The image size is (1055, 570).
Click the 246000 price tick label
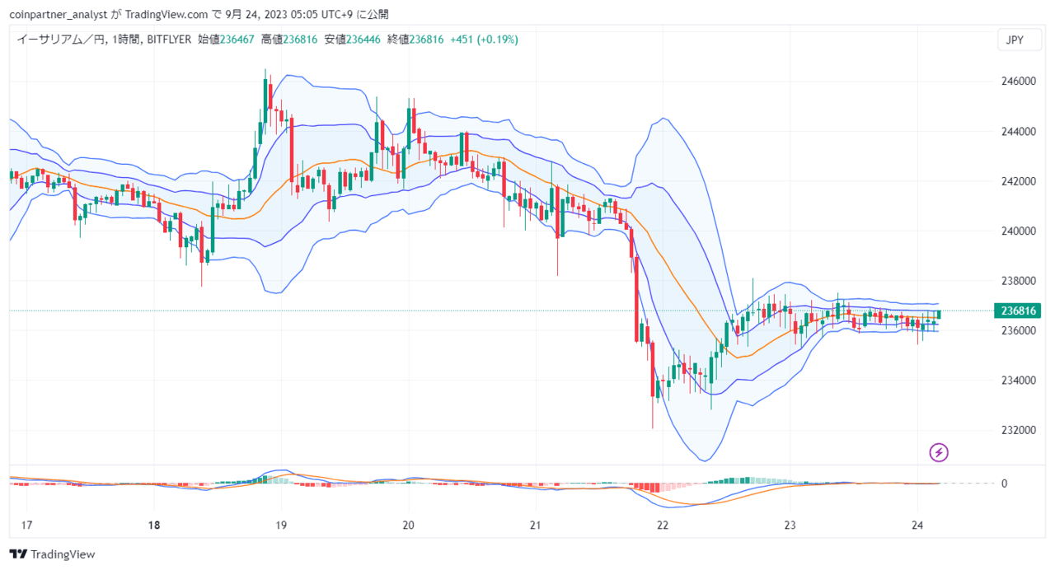click(1018, 82)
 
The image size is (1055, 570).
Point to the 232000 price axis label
click(1018, 430)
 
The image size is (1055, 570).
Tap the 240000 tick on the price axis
click(1018, 231)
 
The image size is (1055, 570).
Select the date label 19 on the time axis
click(281, 526)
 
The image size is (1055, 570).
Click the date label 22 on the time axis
click(663, 526)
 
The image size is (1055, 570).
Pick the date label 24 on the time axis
click(917, 526)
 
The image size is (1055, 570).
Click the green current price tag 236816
click(1017, 311)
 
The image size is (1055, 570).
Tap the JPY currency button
click(1020, 40)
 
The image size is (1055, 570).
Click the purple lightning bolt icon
click(939, 453)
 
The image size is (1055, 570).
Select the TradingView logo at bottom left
click(52, 554)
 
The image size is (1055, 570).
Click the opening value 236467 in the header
click(237, 40)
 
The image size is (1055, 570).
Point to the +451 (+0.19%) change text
click(484, 40)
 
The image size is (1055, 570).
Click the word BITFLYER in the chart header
click(169, 40)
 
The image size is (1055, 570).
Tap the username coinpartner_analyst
click(59, 15)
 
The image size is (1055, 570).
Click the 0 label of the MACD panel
click(1004, 484)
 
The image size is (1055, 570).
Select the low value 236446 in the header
click(363, 40)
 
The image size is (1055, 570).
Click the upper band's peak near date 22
click(663, 118)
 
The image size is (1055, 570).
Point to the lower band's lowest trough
click(705, 460)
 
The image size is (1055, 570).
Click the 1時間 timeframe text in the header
click(126, 40)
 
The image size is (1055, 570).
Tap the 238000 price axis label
click(1018, 281)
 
